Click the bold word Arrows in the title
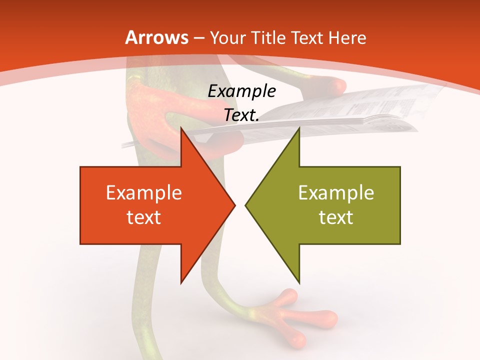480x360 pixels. (x=156, y=37)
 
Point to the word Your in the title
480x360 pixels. (x=226, y=38)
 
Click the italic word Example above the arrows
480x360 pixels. (x=241, y=91)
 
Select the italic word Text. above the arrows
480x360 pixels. (x=241, y=115)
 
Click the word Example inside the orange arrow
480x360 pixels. (x=143, y=193)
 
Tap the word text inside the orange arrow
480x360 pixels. (x=143, y=217)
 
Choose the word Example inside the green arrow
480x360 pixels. (x=336, y=193)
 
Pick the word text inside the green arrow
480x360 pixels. (x=336, y=217)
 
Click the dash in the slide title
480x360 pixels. (x=199, y=38)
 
